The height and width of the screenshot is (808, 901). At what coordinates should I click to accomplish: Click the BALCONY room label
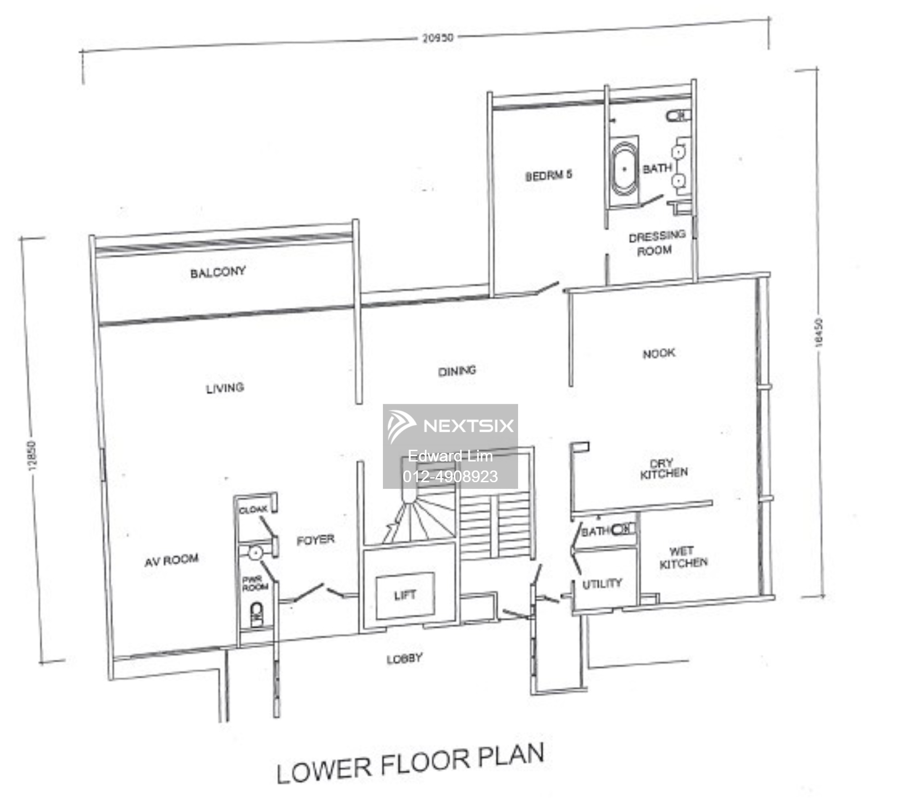coord(218,272)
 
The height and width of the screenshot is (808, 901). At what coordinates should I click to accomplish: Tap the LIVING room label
coord(225,388)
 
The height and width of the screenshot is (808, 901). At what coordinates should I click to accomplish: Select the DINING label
coord(457,371)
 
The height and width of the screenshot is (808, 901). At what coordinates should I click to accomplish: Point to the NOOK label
coord(659,353)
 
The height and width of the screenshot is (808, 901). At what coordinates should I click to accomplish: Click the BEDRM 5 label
coord(548,175)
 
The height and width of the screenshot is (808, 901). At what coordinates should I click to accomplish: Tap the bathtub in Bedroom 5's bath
coord(624,169)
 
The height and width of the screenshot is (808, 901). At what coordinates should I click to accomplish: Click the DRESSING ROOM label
coord(656,243)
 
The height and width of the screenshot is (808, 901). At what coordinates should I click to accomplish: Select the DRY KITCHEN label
coord(664,469)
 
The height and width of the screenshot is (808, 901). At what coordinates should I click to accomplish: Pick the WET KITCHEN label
coord(683,557)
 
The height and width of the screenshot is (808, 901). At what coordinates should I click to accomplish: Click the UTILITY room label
coord(602,584)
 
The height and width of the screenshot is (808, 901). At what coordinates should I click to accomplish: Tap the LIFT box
coord(405,595)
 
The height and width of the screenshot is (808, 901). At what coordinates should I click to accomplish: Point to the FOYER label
coord(315,539)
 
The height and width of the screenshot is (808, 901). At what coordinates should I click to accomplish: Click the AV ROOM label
coord(171,560)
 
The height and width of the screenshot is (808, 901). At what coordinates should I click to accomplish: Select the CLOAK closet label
coord(253,510)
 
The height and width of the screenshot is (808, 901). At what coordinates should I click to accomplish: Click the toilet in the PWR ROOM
coord(256,616)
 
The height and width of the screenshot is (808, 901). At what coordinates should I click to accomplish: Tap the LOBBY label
coord(404,659)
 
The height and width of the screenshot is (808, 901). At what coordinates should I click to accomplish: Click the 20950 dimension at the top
coord(437,38)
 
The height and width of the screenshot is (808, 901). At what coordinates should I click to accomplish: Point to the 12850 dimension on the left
coord(32,455)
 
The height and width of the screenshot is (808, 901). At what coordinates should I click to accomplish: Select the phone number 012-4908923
coord(450,477)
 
